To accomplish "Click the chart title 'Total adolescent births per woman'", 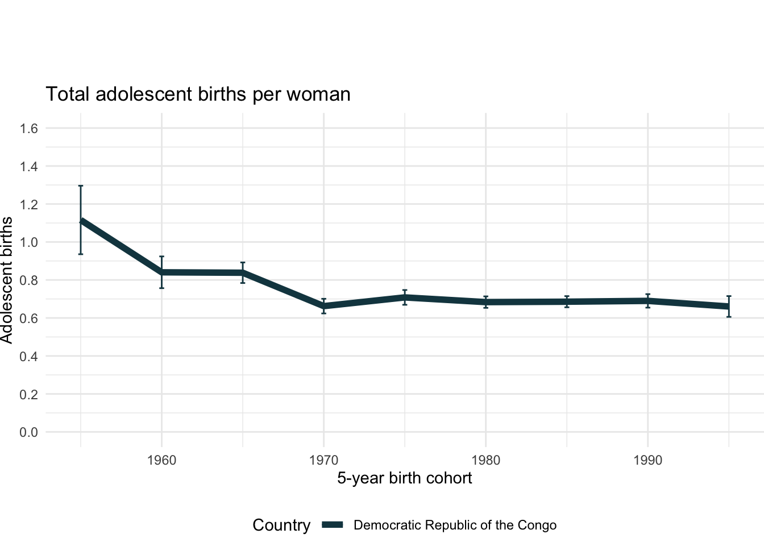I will coord(198,94).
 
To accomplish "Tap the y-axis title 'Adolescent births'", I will coord(7,280).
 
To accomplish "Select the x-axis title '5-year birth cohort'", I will coord(404,478).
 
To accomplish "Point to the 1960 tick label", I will coord(161,460).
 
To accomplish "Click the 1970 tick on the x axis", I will coord(323,460).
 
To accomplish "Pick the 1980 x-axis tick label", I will coord(485,460).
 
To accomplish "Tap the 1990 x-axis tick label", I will coord(647,460).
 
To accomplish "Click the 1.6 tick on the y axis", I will coord(29,129).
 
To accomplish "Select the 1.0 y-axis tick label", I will coord(29,242).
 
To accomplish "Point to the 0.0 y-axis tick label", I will coord(29,432).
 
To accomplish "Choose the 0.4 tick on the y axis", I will coord(29,357).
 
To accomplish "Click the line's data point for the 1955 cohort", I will coord(81,221).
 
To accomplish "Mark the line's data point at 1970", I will coord(323,306).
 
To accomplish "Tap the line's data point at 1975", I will coord(405,297).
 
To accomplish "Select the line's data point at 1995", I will coord(729,306).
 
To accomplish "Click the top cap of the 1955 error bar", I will coord(81,186).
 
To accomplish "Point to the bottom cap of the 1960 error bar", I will coord(161,288).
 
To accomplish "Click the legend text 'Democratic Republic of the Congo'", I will coord(455,525).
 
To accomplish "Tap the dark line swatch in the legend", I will coord(333,525).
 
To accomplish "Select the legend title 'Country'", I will coord(281,525).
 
